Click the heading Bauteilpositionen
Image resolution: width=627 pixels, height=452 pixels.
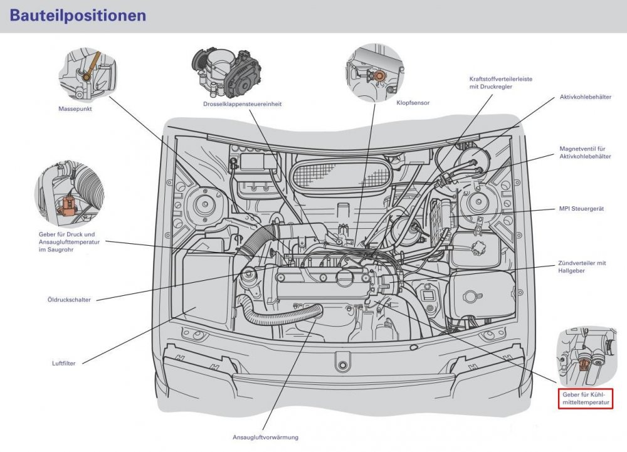(x=78, y=16)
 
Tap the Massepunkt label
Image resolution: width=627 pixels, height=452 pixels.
(x=75, y=108)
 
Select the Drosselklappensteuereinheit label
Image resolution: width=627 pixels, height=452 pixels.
(x=242, y=104)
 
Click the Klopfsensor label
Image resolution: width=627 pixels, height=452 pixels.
(x=413, y=103)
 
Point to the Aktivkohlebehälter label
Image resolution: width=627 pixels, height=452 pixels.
(x=586, y=97)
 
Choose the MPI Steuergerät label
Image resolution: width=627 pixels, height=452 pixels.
(x=581, y=209)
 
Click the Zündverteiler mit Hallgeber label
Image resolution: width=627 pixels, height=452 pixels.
(x=582, y=267)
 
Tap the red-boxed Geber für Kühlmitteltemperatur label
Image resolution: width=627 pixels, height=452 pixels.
(x=586, y=399)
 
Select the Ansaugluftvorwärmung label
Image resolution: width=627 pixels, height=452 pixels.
(x=265, y=437)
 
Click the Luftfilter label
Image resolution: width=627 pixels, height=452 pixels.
(x=63, y=363)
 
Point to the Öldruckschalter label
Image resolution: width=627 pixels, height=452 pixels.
(x=69, y=300)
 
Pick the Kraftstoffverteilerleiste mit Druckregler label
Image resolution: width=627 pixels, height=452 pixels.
(x=500, y=83)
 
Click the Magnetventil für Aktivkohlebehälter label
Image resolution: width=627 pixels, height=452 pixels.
(x=585, y=153)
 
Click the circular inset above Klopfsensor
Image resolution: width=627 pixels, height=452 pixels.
(x=375, y=73)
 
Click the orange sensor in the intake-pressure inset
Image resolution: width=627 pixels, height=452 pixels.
(x=66, y=204)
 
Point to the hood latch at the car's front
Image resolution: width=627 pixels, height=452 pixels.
(x=342, y=365)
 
